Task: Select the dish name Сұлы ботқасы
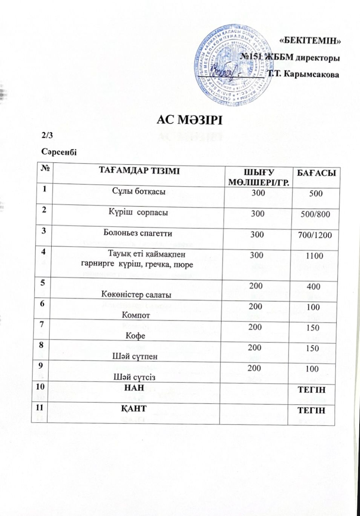coord(139,191)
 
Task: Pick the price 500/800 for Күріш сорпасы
coord(315,214)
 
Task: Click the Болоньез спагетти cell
coord(138,233)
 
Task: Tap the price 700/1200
coord(315,235)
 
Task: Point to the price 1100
coord(314,256)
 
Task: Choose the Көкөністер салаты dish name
coord(136,294)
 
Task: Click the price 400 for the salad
coord(314,287)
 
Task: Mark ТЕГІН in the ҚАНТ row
coord(311,410)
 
